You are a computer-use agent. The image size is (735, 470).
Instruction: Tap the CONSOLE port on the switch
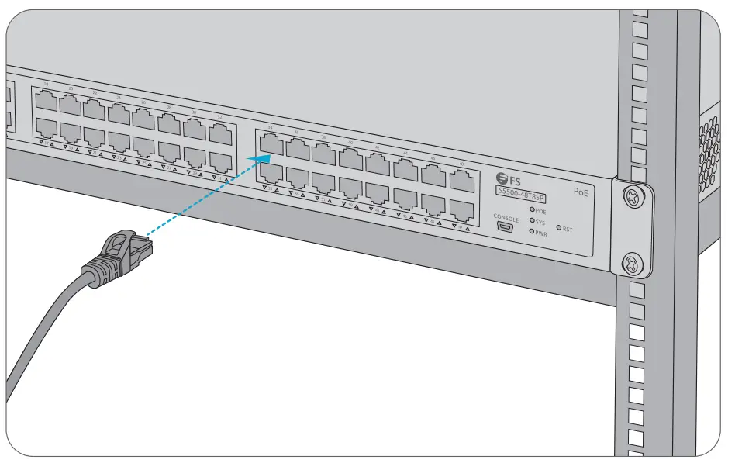[506, 228]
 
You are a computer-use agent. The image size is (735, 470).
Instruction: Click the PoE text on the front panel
[580, 190]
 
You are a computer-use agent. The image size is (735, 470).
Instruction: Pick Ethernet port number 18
[46, 99]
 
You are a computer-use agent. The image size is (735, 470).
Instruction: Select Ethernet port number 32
[221, 135]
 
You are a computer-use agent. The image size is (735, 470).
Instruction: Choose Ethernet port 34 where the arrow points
[271, 142]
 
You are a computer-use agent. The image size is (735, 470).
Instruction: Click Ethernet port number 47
[461, 207]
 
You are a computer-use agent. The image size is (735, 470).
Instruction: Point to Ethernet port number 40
[351, 159]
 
